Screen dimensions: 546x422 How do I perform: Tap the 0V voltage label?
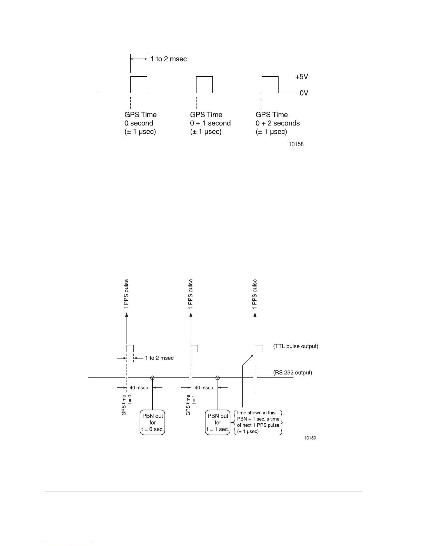tap(303, 93)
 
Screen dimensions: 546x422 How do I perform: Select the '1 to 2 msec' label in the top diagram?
tap(169, 59)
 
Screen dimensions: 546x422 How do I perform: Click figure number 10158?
tap(296, 144)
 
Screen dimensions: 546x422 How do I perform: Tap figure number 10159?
tap(310, 438)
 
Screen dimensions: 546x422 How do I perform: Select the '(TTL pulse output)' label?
tap(295, 346)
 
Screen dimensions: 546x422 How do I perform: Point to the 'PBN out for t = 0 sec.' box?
tap(152, 423)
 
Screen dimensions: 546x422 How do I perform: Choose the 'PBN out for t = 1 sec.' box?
tap(218, 423)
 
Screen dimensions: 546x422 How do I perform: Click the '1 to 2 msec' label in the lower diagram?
tap(159, 358)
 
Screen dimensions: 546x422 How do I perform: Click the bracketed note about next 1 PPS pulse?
tap(258, 422)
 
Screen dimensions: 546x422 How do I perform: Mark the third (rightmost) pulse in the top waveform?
tap(270, 84)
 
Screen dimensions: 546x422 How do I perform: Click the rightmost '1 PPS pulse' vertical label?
tap(255, 294)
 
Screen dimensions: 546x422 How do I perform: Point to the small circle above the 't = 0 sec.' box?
tap(152, 378)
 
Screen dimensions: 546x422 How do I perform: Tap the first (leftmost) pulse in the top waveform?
tap(139, 84)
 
